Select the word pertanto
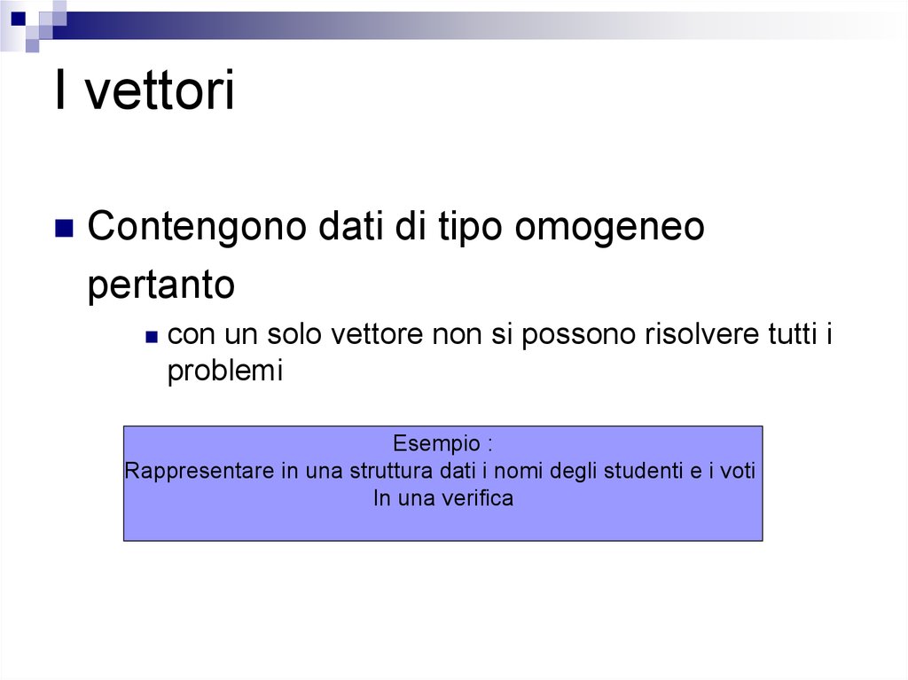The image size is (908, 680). click(161, 286)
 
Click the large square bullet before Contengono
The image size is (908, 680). click(64, 229)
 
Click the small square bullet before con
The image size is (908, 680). click(152, 337)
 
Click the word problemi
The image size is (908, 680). click(224, 371)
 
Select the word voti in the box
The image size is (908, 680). click(738, 471)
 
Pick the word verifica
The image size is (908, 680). click(478, 498)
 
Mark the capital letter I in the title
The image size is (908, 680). click(61, 91)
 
